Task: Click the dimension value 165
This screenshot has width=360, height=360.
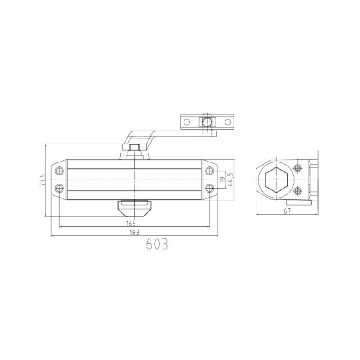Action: pyautogui.click(x=131, y=223)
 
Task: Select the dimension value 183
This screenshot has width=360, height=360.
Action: pyautogui.click(x=135, y=233)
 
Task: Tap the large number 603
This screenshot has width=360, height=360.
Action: pyautogui.click(x=157, y=244)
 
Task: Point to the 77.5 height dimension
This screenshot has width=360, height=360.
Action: pyautogui.click(x=43, y=180)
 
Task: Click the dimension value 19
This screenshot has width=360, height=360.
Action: pyautogui.click(x=222, y=180)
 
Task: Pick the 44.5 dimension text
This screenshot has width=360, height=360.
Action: pyautogui.click(x=230, y=180)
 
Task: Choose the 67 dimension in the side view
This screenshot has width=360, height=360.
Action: pyautogui.click(x=287, y=211)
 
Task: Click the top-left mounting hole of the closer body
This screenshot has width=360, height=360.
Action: pyautogui.click(x=59, y=171)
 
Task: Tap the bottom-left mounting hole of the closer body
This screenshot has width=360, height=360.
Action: pyautogui.click(x=59, y=189)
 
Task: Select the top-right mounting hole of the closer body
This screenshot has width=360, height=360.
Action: pyautogui.click(x=210, y=171)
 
